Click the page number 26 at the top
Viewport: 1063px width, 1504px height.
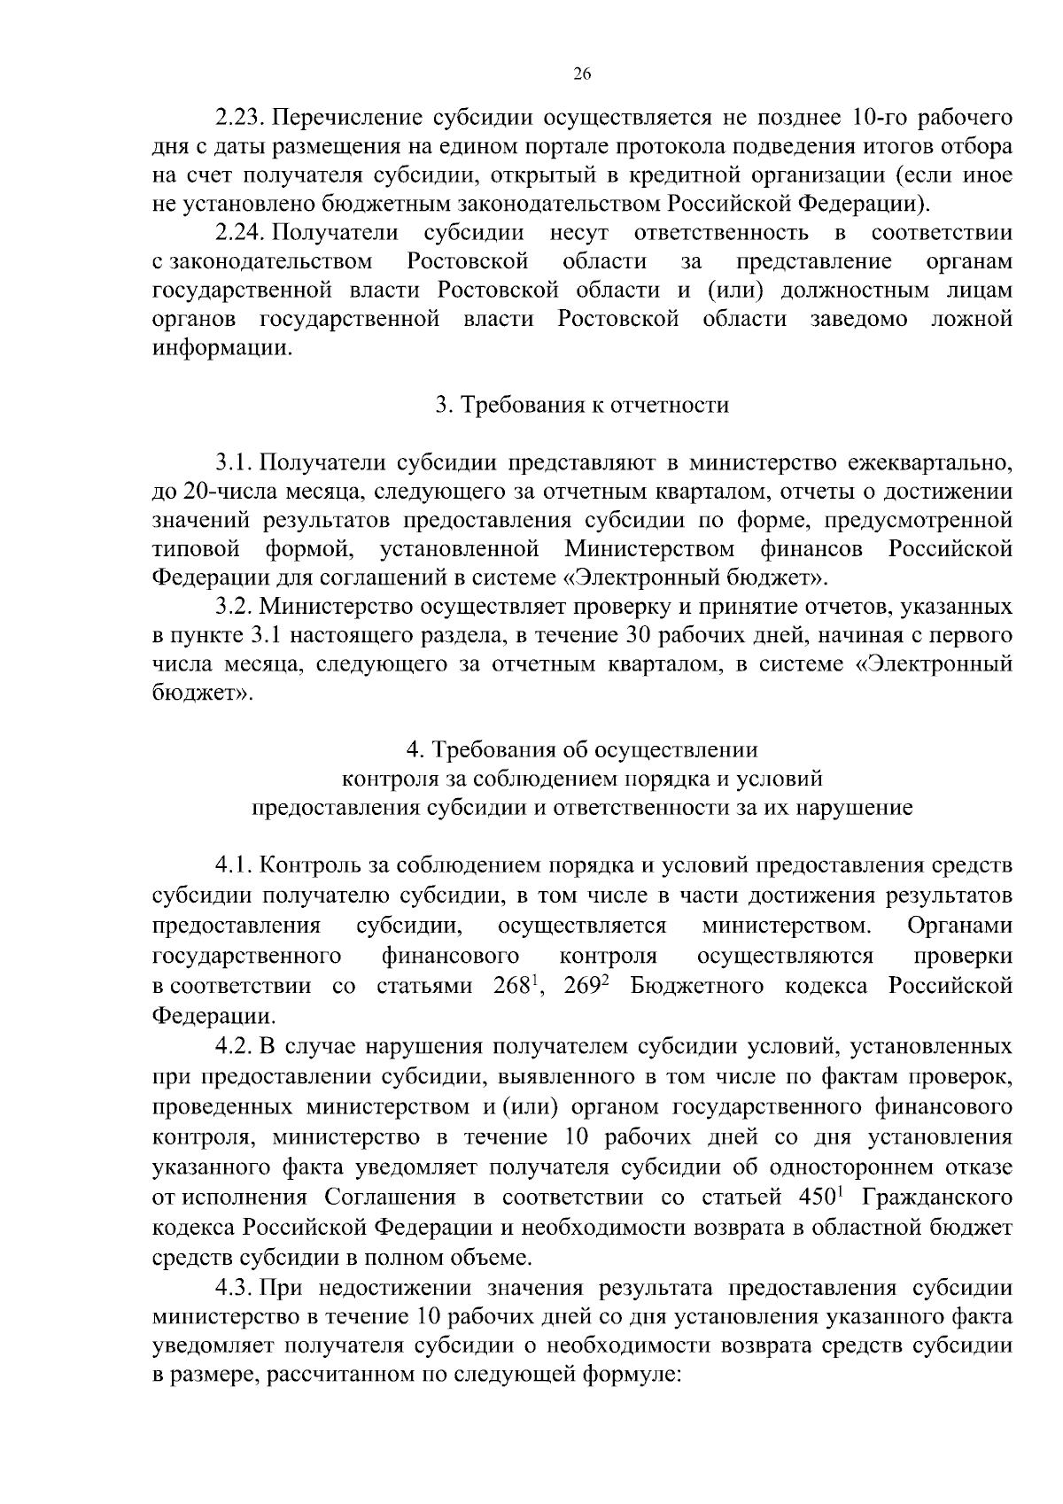point(582,74)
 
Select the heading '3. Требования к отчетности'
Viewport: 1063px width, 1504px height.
point(582,405)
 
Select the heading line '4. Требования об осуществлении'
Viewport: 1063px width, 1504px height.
point(582,749)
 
